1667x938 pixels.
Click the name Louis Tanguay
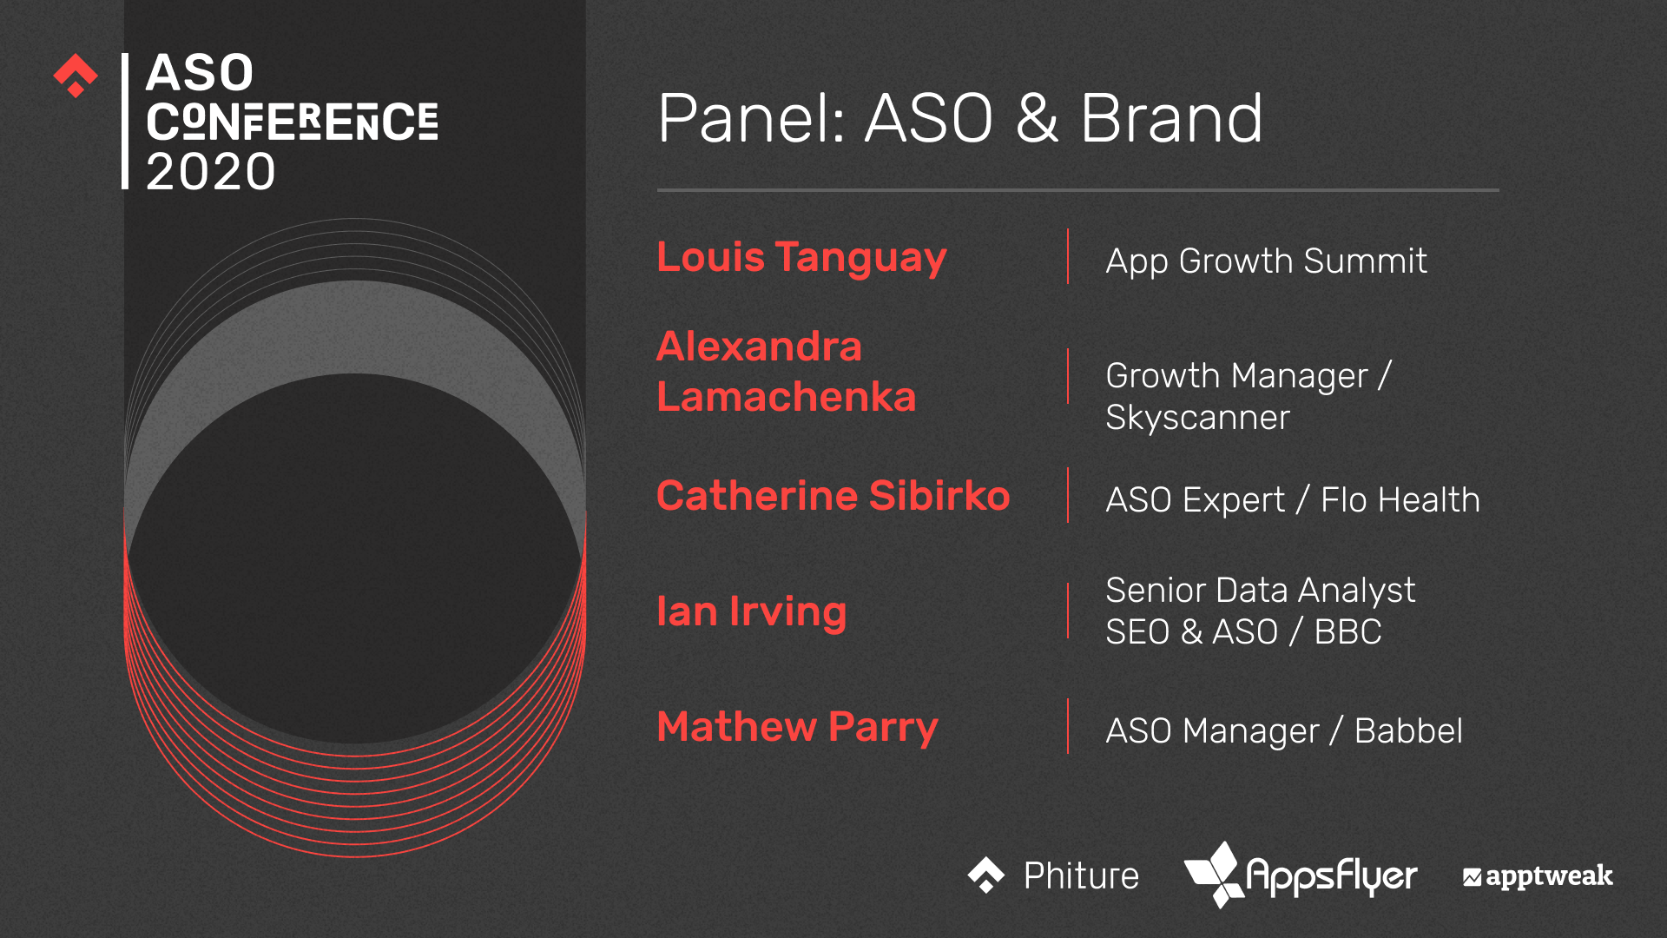[801, 258]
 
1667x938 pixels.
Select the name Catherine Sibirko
[833, 496]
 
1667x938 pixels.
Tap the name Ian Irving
[752, 611]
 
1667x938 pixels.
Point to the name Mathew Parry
[798, 728]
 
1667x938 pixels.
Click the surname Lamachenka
[787, 397]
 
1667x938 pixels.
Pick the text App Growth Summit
[1266, 261]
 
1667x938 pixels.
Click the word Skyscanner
[1197, 418]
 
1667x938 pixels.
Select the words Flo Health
[1400, 500]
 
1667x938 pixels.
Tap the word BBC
[1347, 632]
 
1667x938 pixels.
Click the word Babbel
[1408, 731]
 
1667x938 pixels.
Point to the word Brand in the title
[1172, 118]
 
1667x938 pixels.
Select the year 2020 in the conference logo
[211, 172]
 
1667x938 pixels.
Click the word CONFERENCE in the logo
[292, 122]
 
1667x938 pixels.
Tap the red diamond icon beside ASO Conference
[76, 76]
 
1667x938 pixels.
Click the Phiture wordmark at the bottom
[1081, 875]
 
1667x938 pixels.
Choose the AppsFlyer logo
[1300, 875]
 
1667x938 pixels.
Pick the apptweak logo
[1538, 876]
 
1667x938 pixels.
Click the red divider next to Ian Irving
[1068, 611]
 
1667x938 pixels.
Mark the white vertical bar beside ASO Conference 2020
[125, 121]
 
